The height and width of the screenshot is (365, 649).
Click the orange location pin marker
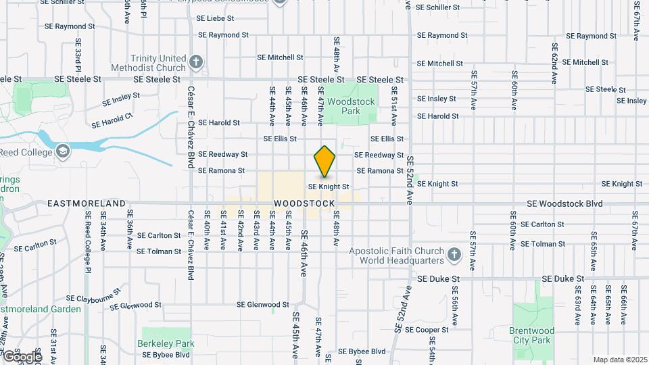pyautogui.click(x=324, y=162)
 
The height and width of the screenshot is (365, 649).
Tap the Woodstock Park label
pyautogui.click(x=341, y=106)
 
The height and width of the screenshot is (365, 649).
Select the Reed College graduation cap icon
pyautogui.click(x=63, y=150)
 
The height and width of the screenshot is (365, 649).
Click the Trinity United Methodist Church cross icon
pyautogui.click(x=196, y=63)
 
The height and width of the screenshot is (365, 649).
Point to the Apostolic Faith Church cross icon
pyautogui.click(x=456, y=256)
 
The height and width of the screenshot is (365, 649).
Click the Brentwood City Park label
pyautogui.click(x=533, y=335)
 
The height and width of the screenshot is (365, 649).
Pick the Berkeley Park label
pyautogui.click(x=166, y=343)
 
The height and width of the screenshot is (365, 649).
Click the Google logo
pyautogui.click(x=22, y=356)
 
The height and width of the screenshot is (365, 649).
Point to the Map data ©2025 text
pyautogui.click(x=619, y=360)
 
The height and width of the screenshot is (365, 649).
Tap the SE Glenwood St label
pyautogui.click(x=263, y=305)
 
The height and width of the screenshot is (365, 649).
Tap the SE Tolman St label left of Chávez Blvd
pyautogui.click(x=159, y=251)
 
